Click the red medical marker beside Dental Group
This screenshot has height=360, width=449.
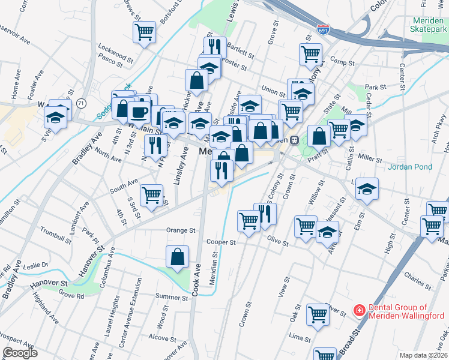tap(359, 310)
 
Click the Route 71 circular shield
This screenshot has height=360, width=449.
tap(81, 103)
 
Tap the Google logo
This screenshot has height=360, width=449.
tap(20, 353)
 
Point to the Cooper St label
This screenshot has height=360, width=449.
tap(220, 242)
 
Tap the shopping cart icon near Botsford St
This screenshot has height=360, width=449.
tap(145, 32)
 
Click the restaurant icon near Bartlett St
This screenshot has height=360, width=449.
tap(214, 46)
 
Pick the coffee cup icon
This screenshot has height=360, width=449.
tap(139, 111)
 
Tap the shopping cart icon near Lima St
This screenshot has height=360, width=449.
tap(318, 313)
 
